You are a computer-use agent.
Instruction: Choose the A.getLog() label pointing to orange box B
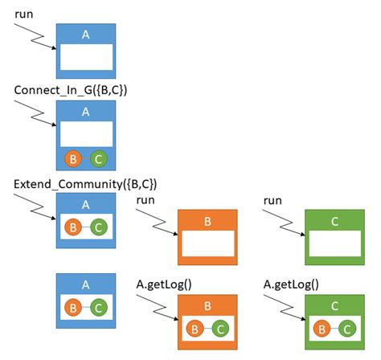pyautogui.click(x=164, y=283)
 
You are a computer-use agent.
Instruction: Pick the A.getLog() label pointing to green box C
pyautogui.click(x=291, y=283)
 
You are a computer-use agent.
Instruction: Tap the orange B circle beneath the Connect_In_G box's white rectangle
pyautogui.click(x=74, y=159)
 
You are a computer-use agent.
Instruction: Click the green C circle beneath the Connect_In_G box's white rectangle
pyautogui.click(x=98, y=159)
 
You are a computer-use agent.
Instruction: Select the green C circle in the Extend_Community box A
pyautogui.click(x=98, y=228)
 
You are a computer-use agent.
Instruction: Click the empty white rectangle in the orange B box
pyautogui.click(x=207, y=243)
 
